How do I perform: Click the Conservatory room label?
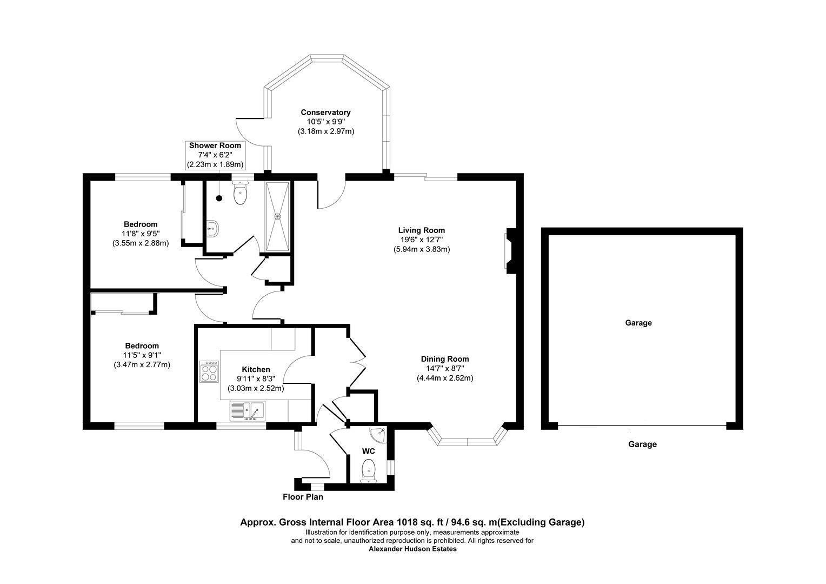(325, 112)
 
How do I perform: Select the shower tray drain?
(277, 216)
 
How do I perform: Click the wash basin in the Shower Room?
(213, 229)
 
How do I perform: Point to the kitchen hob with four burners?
(209, 371)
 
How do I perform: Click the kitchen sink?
(248, 411)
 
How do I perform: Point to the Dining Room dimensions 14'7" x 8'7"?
(445, 368)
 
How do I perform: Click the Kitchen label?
(256, 369)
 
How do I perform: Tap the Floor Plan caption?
(303, 497)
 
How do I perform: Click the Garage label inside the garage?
(638, 323)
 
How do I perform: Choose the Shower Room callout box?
(215, 155)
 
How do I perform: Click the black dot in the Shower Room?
(219, 198)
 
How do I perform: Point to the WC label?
(368, 451)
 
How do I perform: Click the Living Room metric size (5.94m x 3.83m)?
(422, 249)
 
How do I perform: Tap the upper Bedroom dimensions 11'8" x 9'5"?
(141, 234)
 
